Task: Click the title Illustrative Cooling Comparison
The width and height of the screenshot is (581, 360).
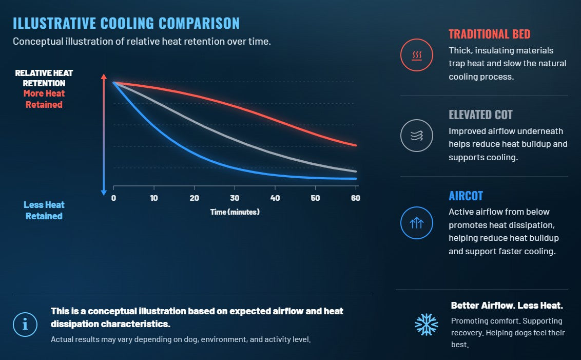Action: click(x=126, y=23)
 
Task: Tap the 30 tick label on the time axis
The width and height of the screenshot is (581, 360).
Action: click(x=235, y=198)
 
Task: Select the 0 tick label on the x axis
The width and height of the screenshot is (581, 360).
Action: click(x=114, y=198)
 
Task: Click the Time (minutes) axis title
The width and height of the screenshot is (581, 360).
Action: click(x=235, y=212)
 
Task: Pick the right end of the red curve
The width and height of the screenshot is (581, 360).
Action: click(x=356, y=145)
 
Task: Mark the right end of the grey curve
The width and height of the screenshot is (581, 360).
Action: click(x=356, y=172)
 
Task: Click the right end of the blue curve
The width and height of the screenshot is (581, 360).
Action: click(x=356, y=179)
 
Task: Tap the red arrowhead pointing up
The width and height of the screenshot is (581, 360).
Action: click(x=104, y=77)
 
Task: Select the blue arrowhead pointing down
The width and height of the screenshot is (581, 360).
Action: click(x=104, y=193)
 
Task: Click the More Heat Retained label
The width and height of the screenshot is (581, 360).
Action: click(x=44, y=99)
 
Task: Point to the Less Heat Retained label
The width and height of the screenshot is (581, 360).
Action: click(x=44, y=210)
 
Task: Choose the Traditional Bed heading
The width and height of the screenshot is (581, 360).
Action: click(x=490, y=34)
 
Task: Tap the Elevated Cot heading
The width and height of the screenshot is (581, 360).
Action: click(x=480, y=115)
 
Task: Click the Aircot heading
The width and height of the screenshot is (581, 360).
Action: click(x=466, y=196)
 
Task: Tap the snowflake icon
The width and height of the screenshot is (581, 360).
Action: click(x=427, y=325)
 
